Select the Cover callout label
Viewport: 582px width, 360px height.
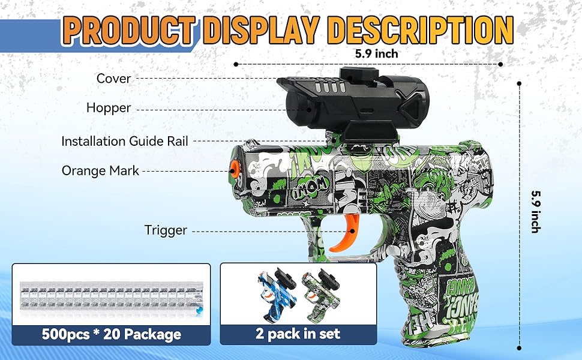113,79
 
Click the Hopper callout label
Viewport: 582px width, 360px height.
108,108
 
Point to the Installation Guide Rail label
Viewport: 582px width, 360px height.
125,142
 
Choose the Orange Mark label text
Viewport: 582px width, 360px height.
100,171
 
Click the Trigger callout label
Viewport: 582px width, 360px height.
166,230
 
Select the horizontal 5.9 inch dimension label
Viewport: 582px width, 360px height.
376,53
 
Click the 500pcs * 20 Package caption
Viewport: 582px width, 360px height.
112,334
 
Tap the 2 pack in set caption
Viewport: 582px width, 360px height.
298,334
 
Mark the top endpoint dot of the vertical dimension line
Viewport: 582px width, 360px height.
519,84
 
